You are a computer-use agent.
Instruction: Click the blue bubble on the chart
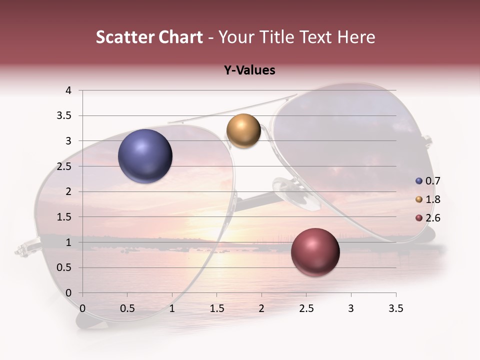[x=145, y=156]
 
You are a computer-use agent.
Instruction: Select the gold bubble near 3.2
[x=243, y=130]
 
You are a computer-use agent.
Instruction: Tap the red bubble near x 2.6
[x=315, y=251]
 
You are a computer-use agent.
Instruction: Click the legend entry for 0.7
[x=427, y=181]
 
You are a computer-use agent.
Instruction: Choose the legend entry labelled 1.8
[x=427, y=199]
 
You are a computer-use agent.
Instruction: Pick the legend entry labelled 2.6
[x=427, y=218]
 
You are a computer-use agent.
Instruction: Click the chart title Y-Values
[x=249, y=70]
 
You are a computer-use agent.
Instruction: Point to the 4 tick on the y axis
[x=69, y=90]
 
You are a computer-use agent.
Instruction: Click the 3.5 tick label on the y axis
[x=65, y=116]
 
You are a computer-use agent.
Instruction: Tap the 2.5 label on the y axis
[x=65, y=166]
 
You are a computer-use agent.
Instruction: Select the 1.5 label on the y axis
[x=65, y=217]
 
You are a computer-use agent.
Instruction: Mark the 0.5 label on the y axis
[x=65, y=267]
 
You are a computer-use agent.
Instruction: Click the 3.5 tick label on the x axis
[x=395, y=308]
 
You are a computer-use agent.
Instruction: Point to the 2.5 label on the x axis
[x=306, y=308]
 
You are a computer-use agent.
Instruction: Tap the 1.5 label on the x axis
[x=216, y=308]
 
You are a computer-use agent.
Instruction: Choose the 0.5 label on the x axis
[x=127, y=308]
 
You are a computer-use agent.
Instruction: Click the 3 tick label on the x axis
[x=351, y=308]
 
